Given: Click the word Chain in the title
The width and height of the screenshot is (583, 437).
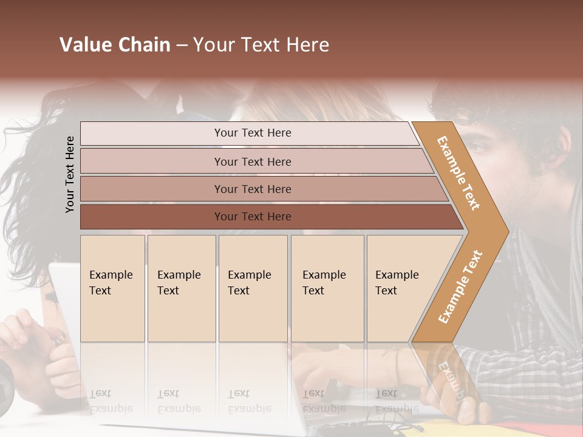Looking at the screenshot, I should pyautogui.click(x=145, y=45).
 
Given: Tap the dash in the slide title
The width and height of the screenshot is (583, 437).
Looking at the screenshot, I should pyautogui.click(x=182, y=46).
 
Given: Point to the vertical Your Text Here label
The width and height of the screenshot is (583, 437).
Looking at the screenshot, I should pyautogui.click(x=70, y=174).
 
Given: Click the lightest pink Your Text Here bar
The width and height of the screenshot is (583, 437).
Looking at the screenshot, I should pyautogui.click(x=252, y=133).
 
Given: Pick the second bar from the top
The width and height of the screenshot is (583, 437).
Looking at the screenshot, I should pyautogui.click(x=252, y=161).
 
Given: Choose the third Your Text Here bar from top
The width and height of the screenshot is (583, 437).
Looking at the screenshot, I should pyautogui.click(x=252, y=189).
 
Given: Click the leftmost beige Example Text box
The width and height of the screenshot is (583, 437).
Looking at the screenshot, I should pyautogui.click(x=112, y=288).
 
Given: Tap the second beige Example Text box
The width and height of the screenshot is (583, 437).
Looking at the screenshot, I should pyautogui.click(x=181, y=288).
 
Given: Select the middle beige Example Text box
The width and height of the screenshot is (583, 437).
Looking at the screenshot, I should pyautogui.click(x=253, y=288).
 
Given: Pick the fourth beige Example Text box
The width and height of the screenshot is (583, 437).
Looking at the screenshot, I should pyautogui.click(x=327, y=288).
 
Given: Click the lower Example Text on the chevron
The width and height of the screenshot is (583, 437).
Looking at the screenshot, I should pyautogui.click(x=460, y=286).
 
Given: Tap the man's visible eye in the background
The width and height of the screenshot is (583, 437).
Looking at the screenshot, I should pyautogui.click(x=477, y=148).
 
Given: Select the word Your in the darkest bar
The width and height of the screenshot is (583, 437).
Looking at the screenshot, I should pyautogui.click(x=226, y=217).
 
